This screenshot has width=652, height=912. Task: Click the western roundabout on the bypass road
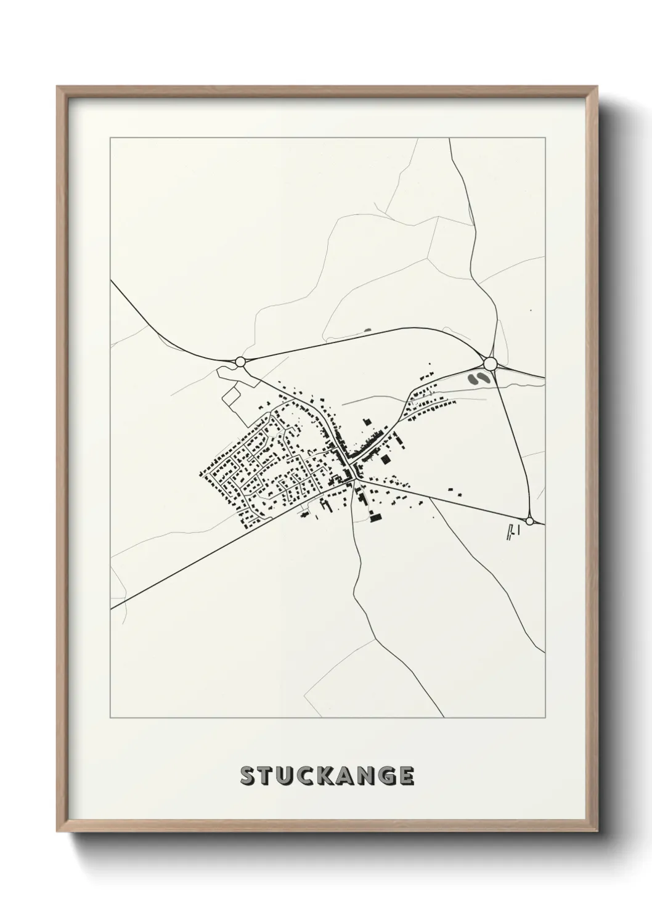tap(240, 362)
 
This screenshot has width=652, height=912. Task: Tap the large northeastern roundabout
tap(491, 364)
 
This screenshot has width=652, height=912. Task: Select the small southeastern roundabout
tap(529, 521)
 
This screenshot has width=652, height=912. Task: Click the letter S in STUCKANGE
tap(248, 776)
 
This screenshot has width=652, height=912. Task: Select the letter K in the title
tap(326, 776)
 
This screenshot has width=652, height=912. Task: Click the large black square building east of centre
tap(386, 459)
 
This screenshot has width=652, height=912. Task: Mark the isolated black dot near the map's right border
tap(530, 311)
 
